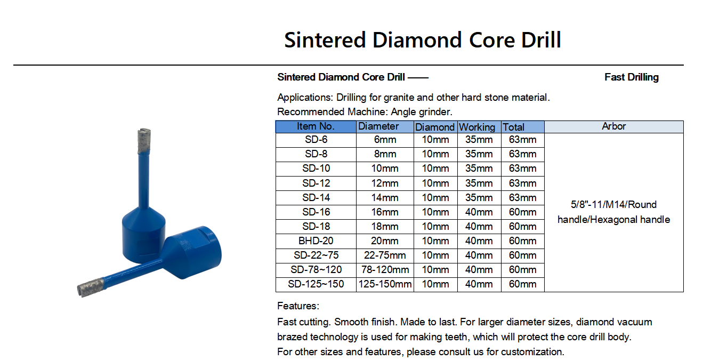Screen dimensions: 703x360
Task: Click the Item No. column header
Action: click(x=316, y=126)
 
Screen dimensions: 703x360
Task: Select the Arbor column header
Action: click(x=613, y=126)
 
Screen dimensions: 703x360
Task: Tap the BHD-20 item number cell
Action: click(x=316, y=241)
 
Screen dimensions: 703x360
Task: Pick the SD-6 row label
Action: click(x=316, y=140)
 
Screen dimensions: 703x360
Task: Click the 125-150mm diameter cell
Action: click(x=385, y=284)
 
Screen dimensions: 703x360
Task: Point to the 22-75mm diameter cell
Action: click(x=385, y=255)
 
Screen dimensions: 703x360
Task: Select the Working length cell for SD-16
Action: click(x=479, y=212)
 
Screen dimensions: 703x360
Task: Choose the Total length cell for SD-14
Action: click(x=522, y=197)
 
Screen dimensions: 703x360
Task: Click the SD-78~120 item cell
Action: click(x=316, y=270)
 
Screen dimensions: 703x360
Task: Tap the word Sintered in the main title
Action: click(x=325, y=40)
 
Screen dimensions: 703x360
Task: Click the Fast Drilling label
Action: click(x=632, y=77)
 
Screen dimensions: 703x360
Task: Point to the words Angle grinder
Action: click(x=421, y=112)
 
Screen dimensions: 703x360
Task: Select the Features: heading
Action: click(x=298, y=306)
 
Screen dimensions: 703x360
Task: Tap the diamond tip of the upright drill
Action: click(x=144, y=141)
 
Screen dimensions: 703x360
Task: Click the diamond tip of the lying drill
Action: click(x=91, y=286)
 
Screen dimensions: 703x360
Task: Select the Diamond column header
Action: click(x=435, y=127)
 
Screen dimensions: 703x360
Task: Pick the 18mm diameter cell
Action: click(x=385, y=227)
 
